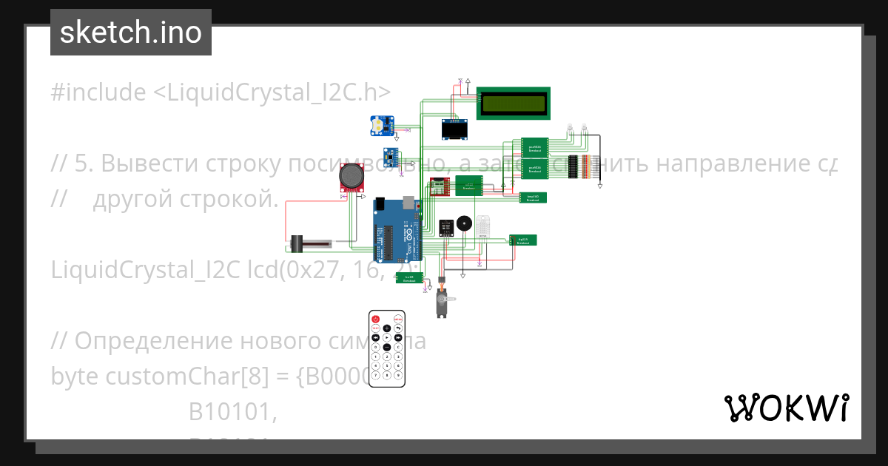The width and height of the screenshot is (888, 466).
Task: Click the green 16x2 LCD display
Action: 514,103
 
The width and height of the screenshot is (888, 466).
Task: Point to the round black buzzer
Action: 464,223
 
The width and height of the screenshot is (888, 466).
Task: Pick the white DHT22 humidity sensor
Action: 484,226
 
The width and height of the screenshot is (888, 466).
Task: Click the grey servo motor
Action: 442,301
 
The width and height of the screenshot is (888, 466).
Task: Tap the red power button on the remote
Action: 376,319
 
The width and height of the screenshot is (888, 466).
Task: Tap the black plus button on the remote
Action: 387,328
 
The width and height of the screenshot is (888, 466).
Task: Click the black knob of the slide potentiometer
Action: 296,243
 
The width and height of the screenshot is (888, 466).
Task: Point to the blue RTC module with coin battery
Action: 381,126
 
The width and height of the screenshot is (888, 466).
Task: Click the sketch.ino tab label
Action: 131,33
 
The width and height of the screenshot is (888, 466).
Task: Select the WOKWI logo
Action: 786,408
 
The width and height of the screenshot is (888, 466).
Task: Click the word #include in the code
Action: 98,92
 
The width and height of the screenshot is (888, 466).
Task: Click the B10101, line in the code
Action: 233,411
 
